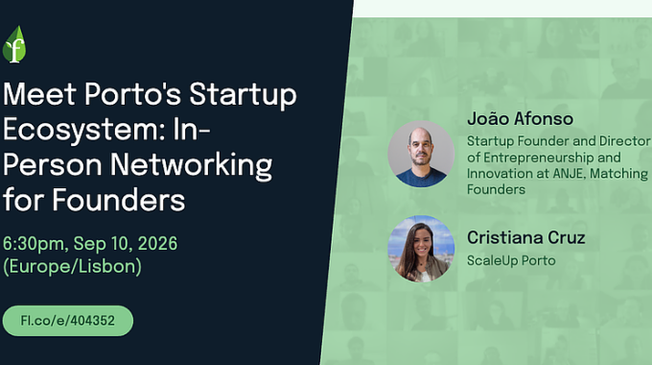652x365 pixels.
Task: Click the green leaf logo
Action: point(14,44)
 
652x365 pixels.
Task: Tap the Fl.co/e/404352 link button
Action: point(68,321)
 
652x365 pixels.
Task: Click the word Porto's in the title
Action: point(132,94)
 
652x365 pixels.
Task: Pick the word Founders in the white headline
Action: point(119,200)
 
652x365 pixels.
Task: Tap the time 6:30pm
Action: point(35,244)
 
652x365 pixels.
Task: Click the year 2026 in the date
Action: point(157,243)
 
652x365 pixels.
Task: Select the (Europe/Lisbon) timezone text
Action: point(72,266)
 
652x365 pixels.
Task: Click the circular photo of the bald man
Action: point(421,154)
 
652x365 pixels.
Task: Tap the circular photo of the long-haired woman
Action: point(421,249)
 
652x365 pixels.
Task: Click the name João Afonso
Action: point(521,119)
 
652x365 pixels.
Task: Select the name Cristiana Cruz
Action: point(526,237)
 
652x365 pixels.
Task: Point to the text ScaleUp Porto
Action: point(511,261)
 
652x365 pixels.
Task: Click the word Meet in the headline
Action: point(39,94)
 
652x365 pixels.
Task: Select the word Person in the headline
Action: point(53,165)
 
